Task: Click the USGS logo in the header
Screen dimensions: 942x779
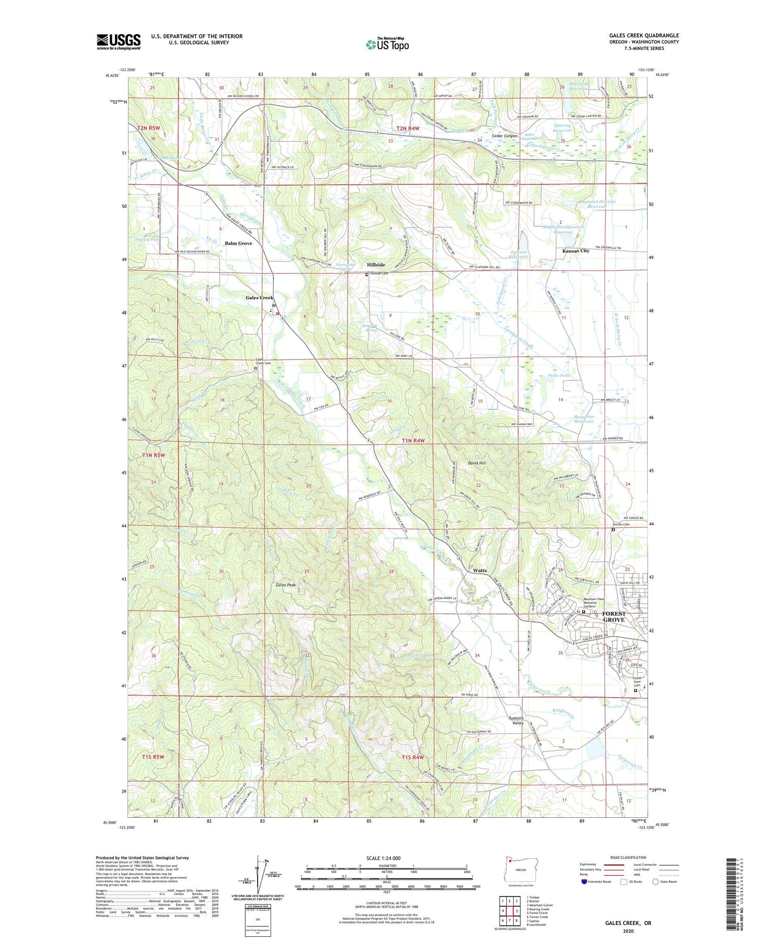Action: (118, 42)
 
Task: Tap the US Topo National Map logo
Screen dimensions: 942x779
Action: (387, 44)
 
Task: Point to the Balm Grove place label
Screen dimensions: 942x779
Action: (238, 243)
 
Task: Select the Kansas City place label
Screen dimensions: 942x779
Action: (576, 250)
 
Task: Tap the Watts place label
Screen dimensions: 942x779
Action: (480, 570)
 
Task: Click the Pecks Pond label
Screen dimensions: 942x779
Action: (559, 375)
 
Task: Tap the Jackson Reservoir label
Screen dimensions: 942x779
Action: (519, 254)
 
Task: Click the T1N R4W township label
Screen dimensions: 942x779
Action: (413, 441)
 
